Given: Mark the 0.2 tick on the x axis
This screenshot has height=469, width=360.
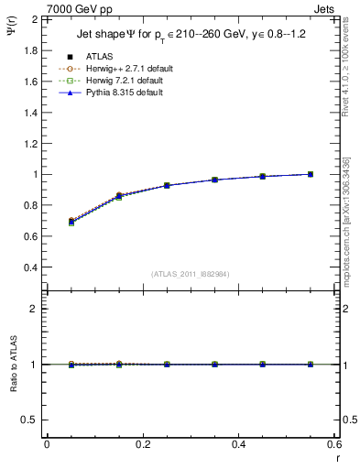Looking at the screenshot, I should point(142,443).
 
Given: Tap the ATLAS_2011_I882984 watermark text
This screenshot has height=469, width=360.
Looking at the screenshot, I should point(190,274).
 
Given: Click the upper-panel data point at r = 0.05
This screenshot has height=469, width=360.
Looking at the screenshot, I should point(71,221).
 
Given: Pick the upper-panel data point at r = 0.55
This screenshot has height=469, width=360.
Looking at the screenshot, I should point(311,174).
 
